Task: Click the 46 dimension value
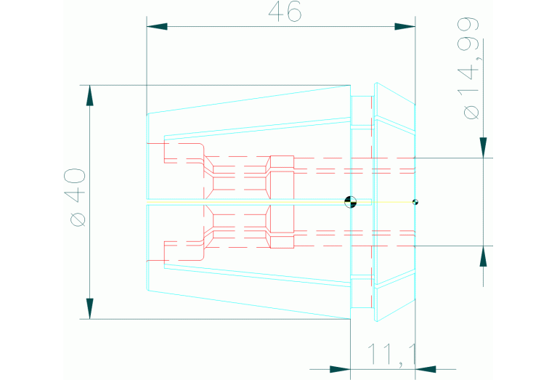pyautogui.click(x=285, y=12)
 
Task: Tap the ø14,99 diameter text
pyautogui.click(x=471, y=68)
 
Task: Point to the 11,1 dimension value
pyautogui.click(x=391, y=355)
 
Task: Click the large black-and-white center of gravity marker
pyautogui.click(x=351, y=202)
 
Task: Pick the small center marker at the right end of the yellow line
pyautogui.click(x=415, y=202)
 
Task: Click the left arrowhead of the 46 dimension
pyautogui.click(x=157, y=27)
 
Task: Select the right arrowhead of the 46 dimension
pyautogui.click(x=405, y=27)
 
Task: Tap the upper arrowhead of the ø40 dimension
pyautogui.click(x=90, y=96)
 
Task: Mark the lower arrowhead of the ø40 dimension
pyautogui.click(x=90, y=309)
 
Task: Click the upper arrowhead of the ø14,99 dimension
pyautogui.click(x=483, y=147)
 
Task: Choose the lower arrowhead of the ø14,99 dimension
pyautogui.click(x=483, y=256)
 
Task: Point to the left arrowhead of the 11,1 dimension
pyautogui.click(x=341, y=369)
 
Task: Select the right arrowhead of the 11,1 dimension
pyautogui.click(x=426, y=369)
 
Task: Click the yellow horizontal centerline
pyautogui.click(x=281, y=202)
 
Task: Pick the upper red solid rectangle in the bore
pyautogui.click(x=282, y=162)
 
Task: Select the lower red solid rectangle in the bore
pyautogui.click(x=282, y=242)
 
